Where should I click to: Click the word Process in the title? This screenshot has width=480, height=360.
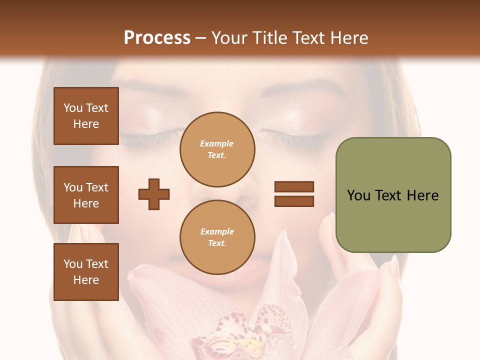click(x=157, y=37)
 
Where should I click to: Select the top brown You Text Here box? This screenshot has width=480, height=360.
click(x=86, y=116)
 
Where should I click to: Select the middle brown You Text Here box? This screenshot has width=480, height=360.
click(x=86, y=195)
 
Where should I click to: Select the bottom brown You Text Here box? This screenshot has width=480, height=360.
click(x=86, y=272)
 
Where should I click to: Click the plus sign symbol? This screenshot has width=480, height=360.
click(x=154, y=194)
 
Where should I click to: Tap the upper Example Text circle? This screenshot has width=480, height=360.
click(x=217, y=149)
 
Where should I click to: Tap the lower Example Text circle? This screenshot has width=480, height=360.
click(x=217, y=237)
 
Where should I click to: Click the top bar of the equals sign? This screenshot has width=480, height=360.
click(x=294, y=187)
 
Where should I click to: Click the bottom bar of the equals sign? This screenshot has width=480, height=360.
click(x=294, y=201)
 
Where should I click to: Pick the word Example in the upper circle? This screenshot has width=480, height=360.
click(x=217, y=143)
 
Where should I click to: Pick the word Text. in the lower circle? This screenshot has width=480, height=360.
click(x=217, y=243)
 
